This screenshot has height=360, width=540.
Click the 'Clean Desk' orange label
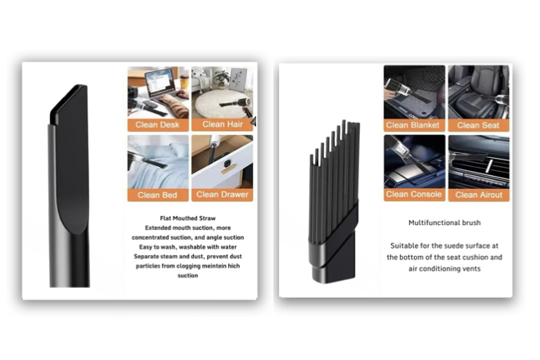tap(158, 124)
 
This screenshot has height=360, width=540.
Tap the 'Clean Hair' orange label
tap(222, 124)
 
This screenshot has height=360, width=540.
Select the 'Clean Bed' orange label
tap(158, 195)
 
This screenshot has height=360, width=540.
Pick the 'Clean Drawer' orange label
tap(222, 195)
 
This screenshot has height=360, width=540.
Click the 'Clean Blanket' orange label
tap(414, 125)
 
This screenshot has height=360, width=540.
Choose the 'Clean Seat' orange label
tap(479, 125)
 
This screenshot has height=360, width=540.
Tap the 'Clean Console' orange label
tap(414, 195)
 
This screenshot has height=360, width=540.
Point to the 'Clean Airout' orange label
tap(479, 195)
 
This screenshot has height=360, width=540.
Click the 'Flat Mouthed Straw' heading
tap(187, 218)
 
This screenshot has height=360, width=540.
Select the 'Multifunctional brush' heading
tap(444, 223)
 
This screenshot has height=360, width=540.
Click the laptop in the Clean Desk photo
tap(160, 83)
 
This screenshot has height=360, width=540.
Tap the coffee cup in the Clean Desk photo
tap(184, 82)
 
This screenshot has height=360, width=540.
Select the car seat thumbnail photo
tap(479, 92)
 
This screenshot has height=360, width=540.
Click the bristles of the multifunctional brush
tap(332, 179)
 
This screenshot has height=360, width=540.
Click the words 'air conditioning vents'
tap(444, 269)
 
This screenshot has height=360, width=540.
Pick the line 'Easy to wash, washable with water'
tap(187, 247)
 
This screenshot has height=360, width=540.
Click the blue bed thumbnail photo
tap(158, 162)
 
